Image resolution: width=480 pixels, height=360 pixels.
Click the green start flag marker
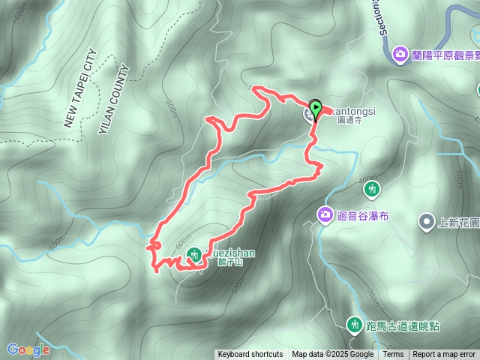coord(316,109)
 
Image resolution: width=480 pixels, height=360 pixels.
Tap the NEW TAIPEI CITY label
coord(81,88)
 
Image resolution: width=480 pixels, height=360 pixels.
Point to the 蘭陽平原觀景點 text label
coord(442,55)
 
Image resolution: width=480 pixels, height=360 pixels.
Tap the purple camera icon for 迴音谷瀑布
coord(325,215)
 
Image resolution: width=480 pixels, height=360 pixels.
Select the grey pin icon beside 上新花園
coord(426,221)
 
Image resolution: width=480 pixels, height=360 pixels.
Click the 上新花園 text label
coord(458,222)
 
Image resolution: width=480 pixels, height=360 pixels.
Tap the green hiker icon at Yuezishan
coord(193,255)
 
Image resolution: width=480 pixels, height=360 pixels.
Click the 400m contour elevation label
coord(368,179)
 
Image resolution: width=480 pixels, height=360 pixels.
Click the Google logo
coord(28,349)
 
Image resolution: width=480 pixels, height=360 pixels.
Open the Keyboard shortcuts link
coord(250,355)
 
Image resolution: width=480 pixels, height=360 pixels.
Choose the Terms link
coord(393,355)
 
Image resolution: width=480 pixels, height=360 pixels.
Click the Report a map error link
coord(445,355)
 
